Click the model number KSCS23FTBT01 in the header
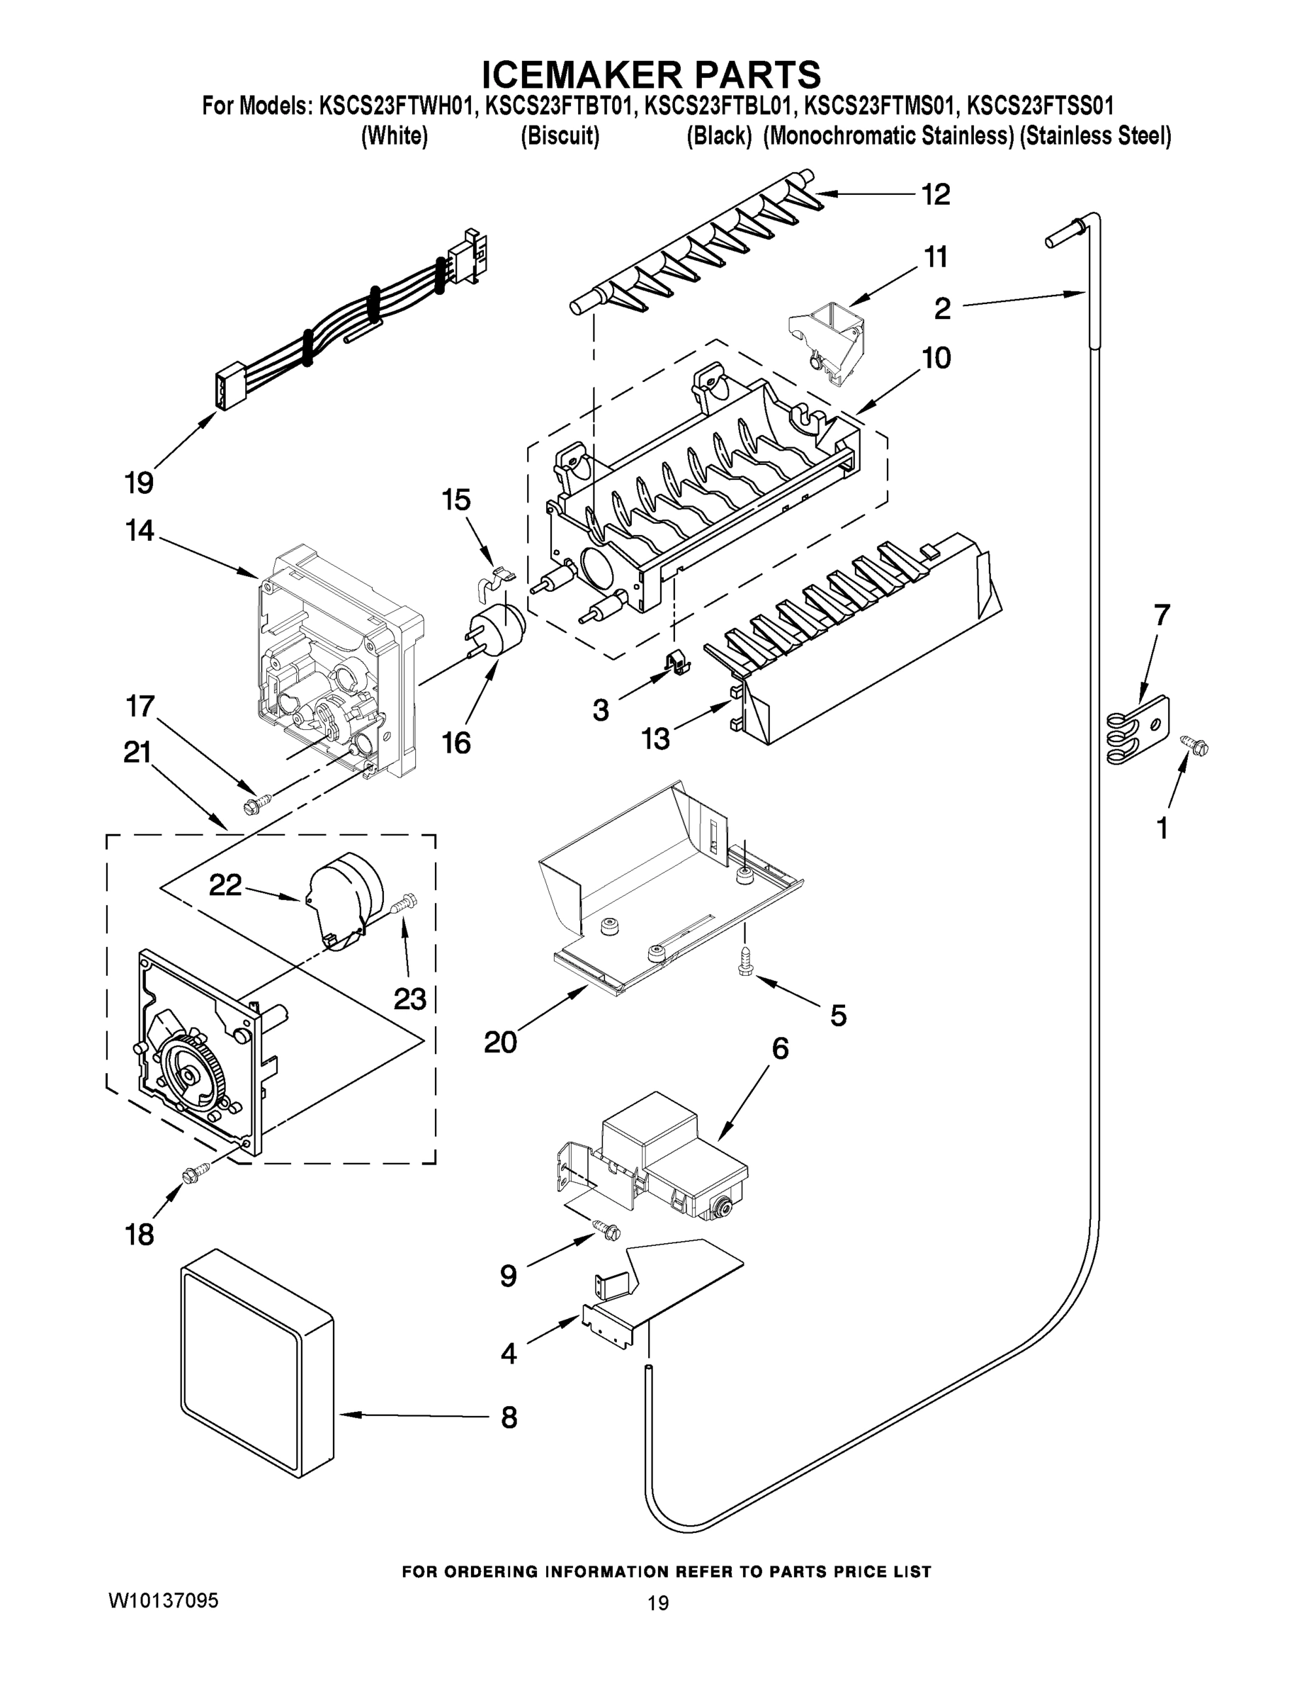click(x=557, y=105)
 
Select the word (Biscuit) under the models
click(x=559, y=136)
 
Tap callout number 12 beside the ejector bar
click(x=936, y=195)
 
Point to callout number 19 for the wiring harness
click(x=139, y=483)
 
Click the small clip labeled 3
click(x=677, y=663)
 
